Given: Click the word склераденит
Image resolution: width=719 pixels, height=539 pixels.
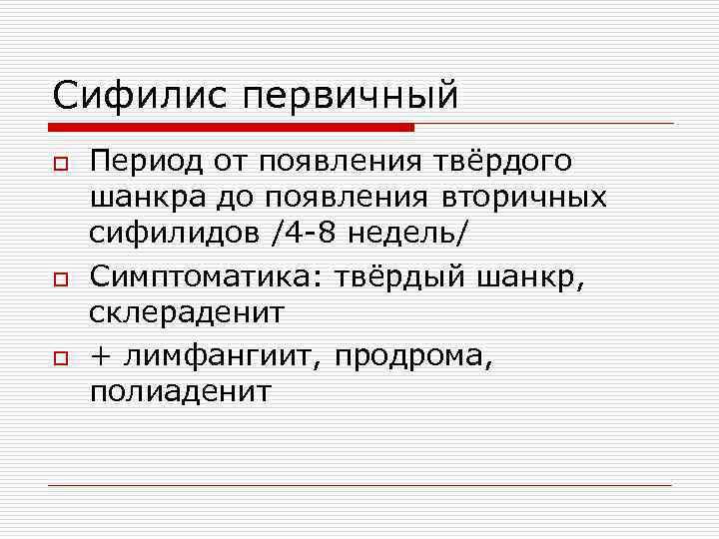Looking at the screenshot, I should click(x=187, y=312).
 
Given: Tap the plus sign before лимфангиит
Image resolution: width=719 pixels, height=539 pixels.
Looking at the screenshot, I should click(x=101, y=353).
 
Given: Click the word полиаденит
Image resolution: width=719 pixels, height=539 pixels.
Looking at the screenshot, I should click(x=180, y=390).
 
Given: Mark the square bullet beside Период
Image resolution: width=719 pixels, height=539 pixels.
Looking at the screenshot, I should click(x=61, y=163).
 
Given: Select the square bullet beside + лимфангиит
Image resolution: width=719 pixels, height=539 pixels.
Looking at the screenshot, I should click(x=61, y=354).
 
